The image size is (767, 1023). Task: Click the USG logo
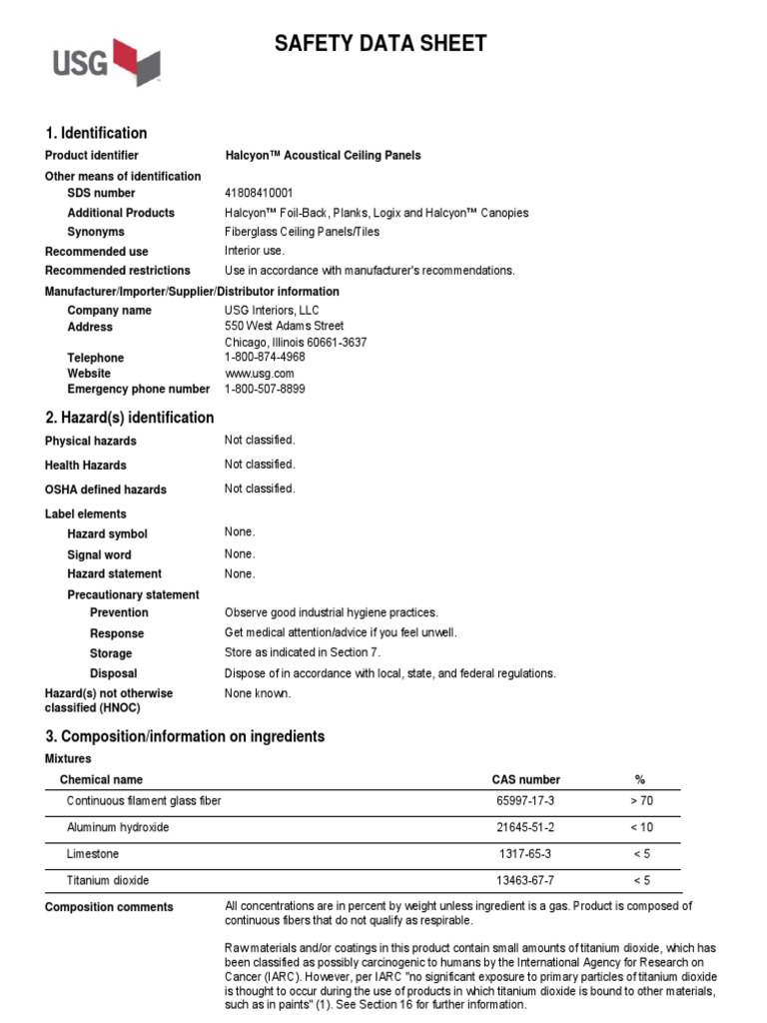106,62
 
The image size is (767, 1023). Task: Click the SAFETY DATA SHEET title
381,43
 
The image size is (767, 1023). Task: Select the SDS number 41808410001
260,193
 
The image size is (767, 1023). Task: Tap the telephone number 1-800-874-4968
265,357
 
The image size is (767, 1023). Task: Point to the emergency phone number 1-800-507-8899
265,389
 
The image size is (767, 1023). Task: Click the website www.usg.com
260,373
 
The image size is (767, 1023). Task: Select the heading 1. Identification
96,133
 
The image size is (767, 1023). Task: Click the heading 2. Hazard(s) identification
129,418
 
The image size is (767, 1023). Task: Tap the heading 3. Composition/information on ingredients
185,736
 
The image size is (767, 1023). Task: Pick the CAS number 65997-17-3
525,801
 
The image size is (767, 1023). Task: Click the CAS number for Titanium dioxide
525,880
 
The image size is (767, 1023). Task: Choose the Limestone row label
92,854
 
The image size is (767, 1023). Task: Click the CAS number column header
525,779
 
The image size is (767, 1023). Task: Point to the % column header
640,779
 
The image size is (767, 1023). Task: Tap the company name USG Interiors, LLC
272,311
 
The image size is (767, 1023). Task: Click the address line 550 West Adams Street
284,326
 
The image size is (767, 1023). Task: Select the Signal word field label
99,554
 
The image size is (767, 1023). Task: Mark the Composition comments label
109,907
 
